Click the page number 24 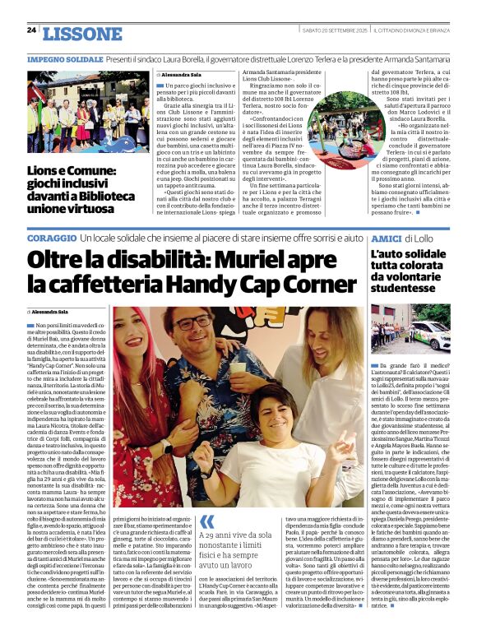(x=32, y=30)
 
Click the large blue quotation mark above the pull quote (x=206, y=520)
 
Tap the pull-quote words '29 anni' (x=220, y=537)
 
